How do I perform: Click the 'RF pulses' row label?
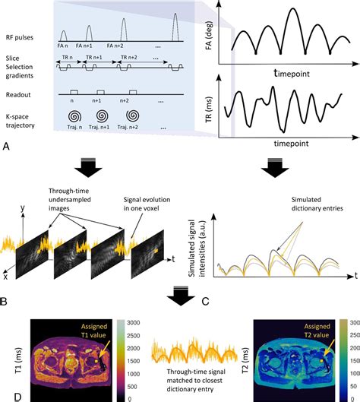[x=21, y=32]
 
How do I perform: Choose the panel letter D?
[x=7, y=395]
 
